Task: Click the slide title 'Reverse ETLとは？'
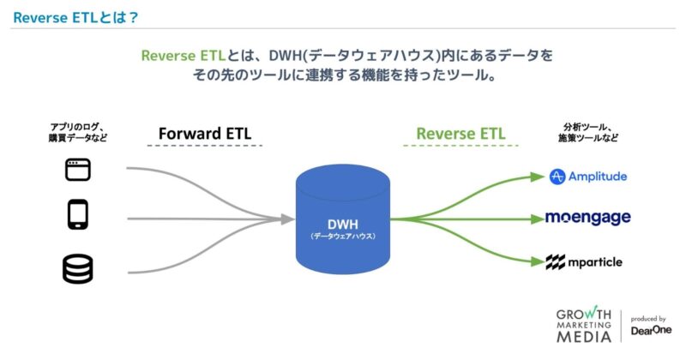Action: pyautogui.click(x=76, y=16)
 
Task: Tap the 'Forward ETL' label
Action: pyautogui.click(x=204, y=134)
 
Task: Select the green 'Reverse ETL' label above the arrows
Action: pyautogui.click(x=460, y=134)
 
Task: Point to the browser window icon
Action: pyautogui.click(x=78, y=170)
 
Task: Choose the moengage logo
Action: pyautogui.click(x=587, y=218)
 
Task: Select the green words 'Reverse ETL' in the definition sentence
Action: pyautogui.click(x=183, y=56)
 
